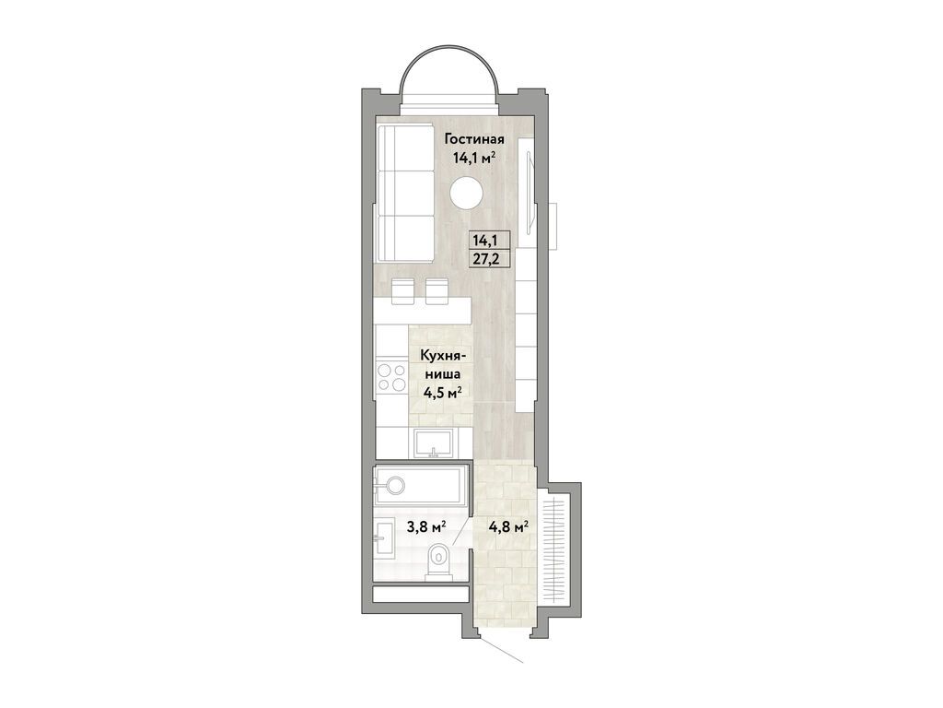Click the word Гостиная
click(474, 140)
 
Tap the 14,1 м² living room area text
click(474, 159)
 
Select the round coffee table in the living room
click(466, 194)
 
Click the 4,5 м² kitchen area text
click(442, 393)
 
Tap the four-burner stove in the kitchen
click(391, 377)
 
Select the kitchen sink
click(433, 443)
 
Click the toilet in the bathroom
click(440, 561)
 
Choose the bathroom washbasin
click(383, 537)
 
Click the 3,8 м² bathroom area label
click(426, 527)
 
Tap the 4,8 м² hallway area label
click(508, 527)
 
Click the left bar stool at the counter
click(402, 290)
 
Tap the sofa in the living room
click(405, 193)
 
